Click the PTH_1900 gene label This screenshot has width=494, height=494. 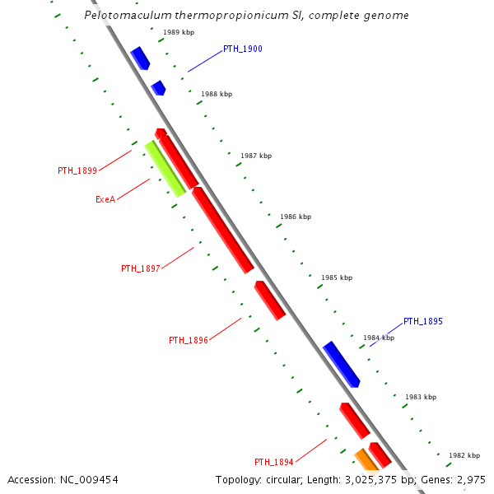(242, 49)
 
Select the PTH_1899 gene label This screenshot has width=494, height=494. (77, 171)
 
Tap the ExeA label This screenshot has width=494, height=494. (105, 199)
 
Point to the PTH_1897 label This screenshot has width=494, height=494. (141, 268)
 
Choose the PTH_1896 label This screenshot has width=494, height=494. (189, 340)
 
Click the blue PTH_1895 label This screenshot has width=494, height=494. (423, 321)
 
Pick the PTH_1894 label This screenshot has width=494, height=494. (274, 462)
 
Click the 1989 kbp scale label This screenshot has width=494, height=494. (179, 32)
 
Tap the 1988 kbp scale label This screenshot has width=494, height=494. (217, 95)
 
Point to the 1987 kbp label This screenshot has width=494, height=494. (255, 156)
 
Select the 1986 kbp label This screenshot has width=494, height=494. (296, 217)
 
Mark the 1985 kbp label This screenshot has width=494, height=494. (336, 277)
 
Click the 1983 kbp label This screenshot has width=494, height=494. (420, 397)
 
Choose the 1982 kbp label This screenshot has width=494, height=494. (464, 455)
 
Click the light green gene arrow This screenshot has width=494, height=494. (165, 169)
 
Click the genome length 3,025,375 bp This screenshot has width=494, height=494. (381, 479)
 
